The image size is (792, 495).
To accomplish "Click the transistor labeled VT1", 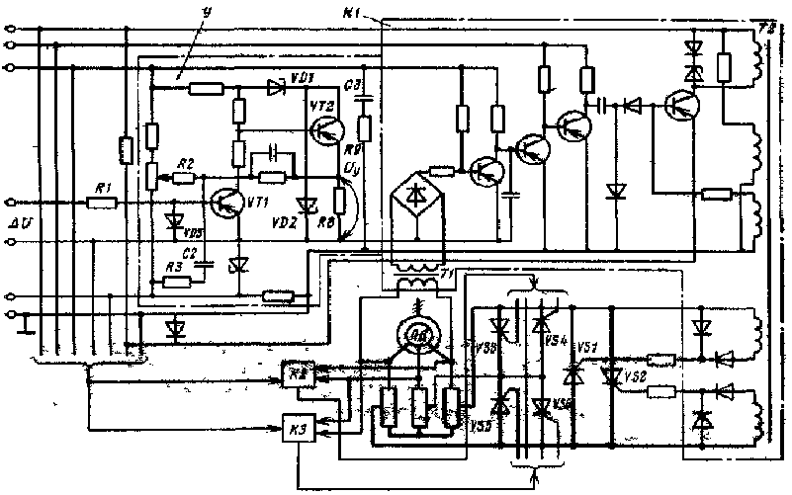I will tap(226, 201).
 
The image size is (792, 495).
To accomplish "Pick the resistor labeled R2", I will tap(185, 178).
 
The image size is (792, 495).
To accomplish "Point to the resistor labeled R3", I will tap(179, 282).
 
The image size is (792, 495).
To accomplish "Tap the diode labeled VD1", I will tap(276, 88).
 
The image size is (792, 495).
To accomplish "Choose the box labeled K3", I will tap(297, 429).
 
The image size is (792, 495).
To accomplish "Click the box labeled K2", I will tap(297, 374).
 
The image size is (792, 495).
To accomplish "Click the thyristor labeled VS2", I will tap(612, 376).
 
